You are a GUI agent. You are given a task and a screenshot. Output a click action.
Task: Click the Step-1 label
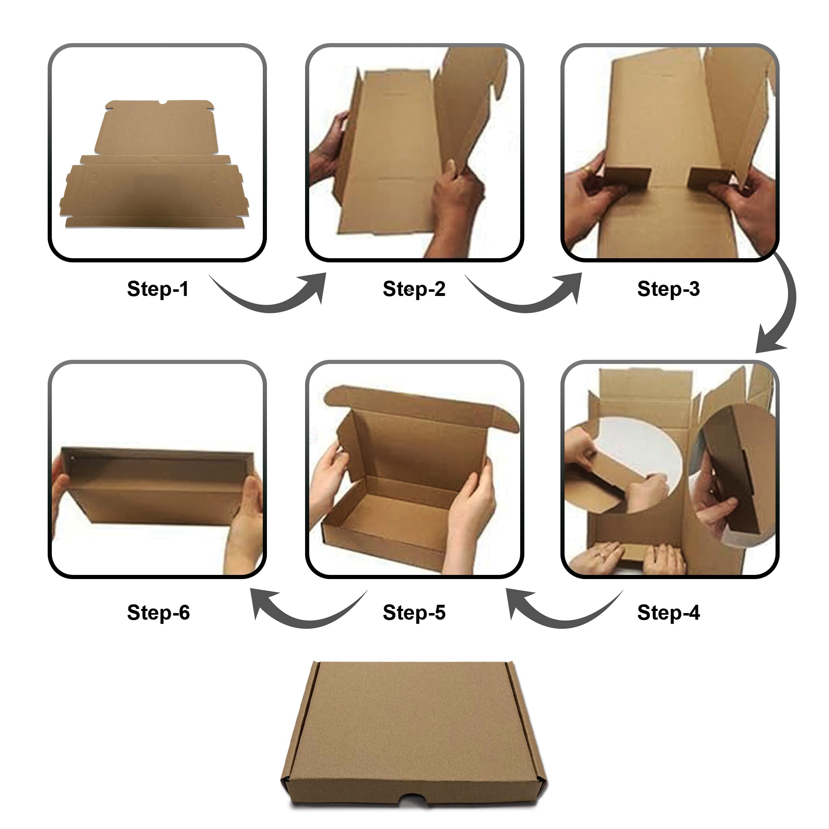coord(158,289)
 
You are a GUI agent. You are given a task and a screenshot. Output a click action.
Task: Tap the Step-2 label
coord(414,289)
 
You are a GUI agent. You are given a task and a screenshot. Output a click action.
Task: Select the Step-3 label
coord(668,289)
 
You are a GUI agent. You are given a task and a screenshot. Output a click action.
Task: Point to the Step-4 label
coord(668,612)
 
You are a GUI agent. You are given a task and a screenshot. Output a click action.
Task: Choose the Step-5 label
coord(414,612)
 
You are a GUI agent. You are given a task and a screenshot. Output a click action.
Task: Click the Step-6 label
coord(158,612)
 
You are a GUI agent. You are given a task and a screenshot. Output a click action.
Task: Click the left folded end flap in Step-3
coord(627,177)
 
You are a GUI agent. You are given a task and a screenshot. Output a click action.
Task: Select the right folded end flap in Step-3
coord(709,177)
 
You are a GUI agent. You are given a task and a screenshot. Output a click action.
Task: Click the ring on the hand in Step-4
coord(602,556)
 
